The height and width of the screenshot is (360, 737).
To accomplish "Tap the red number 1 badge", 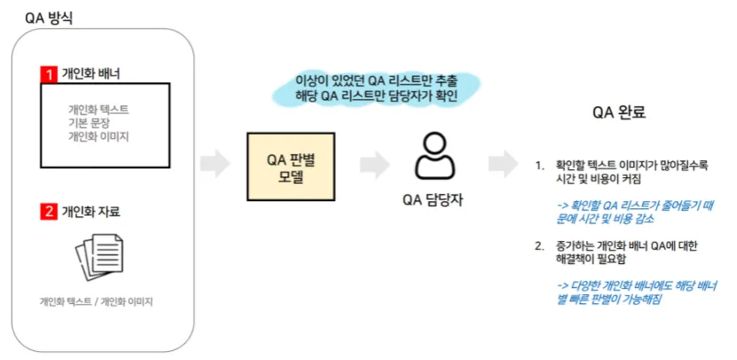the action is pos(49,73).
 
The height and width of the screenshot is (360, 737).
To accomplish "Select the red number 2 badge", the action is pos(49,212).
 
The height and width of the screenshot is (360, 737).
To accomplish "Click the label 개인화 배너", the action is pos(91,73).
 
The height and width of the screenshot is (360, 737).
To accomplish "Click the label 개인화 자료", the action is pos(91,212).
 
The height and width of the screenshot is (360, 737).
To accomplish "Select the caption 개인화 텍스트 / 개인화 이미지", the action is pos(97,301).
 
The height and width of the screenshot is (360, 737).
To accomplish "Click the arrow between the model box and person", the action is pos(374,164).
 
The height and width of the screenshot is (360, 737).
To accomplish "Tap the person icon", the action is pos(434,157).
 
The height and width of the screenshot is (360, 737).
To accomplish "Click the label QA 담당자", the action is pos(433,200).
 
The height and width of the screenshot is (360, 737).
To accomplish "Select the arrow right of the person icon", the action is pos(504,164).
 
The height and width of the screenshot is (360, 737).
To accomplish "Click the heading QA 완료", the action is pos(619,113).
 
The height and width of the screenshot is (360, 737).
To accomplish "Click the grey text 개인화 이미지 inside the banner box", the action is pos(98,137).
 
